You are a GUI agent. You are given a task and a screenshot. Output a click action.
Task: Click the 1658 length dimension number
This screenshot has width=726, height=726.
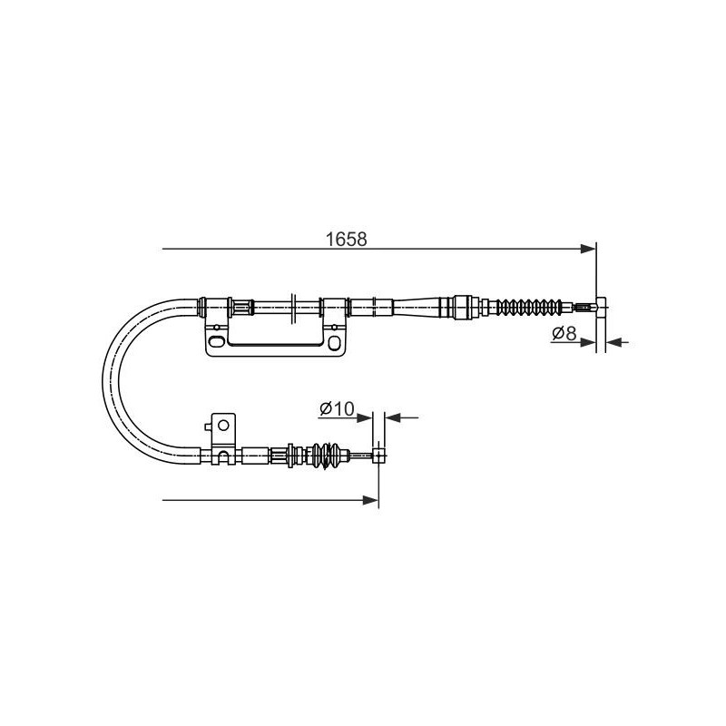coord(347,240)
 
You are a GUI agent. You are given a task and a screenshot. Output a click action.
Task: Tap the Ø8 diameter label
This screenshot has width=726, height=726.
coord(564,332)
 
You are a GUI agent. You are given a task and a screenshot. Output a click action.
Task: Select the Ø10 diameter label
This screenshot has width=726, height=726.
coord(337,408)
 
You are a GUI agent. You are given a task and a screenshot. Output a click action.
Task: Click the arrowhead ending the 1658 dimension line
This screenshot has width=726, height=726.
coord(588,249)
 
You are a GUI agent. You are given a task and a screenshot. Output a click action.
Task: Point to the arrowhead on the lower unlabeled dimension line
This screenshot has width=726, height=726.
coord(371,500)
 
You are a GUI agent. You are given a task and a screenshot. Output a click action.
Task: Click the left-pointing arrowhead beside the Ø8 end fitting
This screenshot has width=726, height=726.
coord(613,343)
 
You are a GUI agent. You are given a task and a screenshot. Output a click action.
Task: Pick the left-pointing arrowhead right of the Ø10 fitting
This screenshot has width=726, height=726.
coord(393,417)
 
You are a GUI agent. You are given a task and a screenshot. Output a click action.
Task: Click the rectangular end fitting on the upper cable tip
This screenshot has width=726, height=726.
coord(601,307)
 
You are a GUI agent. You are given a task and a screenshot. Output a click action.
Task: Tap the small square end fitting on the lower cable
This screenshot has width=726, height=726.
coord(378,456)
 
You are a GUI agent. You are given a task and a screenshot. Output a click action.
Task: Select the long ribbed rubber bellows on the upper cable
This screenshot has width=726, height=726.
coord(529,307)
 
